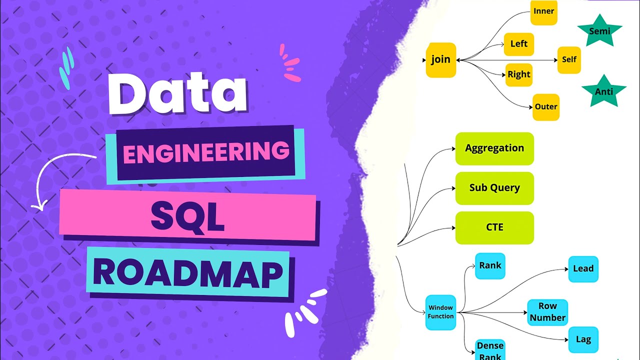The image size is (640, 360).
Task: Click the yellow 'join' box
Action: [440, 60]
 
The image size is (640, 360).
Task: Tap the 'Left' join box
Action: [518, 44]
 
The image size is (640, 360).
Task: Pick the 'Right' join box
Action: [518, 75]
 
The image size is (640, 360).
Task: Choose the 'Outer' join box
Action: [545, 107]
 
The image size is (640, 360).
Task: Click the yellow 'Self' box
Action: [569, 59]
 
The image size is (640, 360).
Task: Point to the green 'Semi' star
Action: [599, 30]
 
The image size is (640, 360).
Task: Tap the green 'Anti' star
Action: [603, 92]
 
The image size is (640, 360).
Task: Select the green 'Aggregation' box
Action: [494, 148]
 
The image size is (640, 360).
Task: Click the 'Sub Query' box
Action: [494, 188]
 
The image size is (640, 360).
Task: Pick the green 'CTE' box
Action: [494, 227]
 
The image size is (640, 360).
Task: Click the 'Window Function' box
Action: [440, 312]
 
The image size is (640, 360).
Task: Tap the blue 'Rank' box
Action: [489, 265]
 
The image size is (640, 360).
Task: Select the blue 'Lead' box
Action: [583, 269]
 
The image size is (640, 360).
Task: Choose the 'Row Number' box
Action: [547, 312]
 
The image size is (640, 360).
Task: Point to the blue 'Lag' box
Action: [583, 340]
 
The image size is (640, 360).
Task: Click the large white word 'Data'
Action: [177, 93]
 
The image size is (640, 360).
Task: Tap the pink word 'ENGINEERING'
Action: [206, 153]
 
